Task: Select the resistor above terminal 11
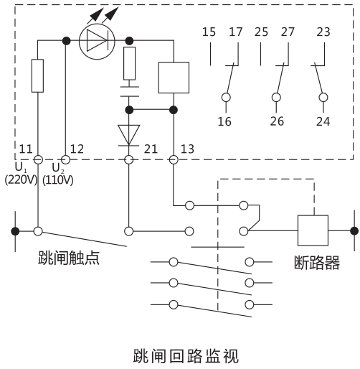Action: click(x=38, y=77)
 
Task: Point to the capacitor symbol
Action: click(x=130, y=94)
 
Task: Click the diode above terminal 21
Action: click(x=130, y=134)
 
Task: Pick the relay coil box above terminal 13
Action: click(x=173, y=76)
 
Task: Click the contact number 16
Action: click(x=224, y=121)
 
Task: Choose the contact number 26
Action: click(x=276, y=121)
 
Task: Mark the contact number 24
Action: click(x=323, y=121)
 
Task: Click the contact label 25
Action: click(x=261, y=32)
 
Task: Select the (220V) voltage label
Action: click(x=21, y=180)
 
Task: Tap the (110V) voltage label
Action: click(x=59, y=180)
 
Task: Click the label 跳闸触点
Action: click(x=69, y=258)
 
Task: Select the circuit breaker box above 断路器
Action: click(x=313, y=230)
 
